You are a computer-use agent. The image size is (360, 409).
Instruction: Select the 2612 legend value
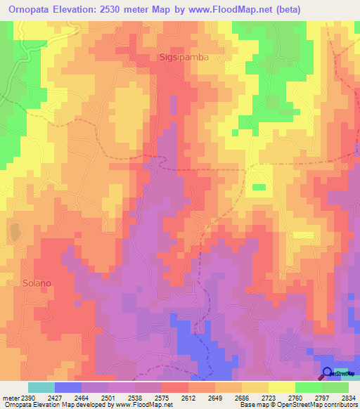click(188, 397)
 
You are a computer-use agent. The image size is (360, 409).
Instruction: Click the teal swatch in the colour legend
click(41, 387)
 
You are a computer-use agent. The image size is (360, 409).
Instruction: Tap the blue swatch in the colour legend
click(67, 387)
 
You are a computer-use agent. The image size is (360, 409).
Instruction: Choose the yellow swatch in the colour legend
click(281, 387)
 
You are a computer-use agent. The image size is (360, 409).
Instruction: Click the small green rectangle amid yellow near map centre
click(259, 187)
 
